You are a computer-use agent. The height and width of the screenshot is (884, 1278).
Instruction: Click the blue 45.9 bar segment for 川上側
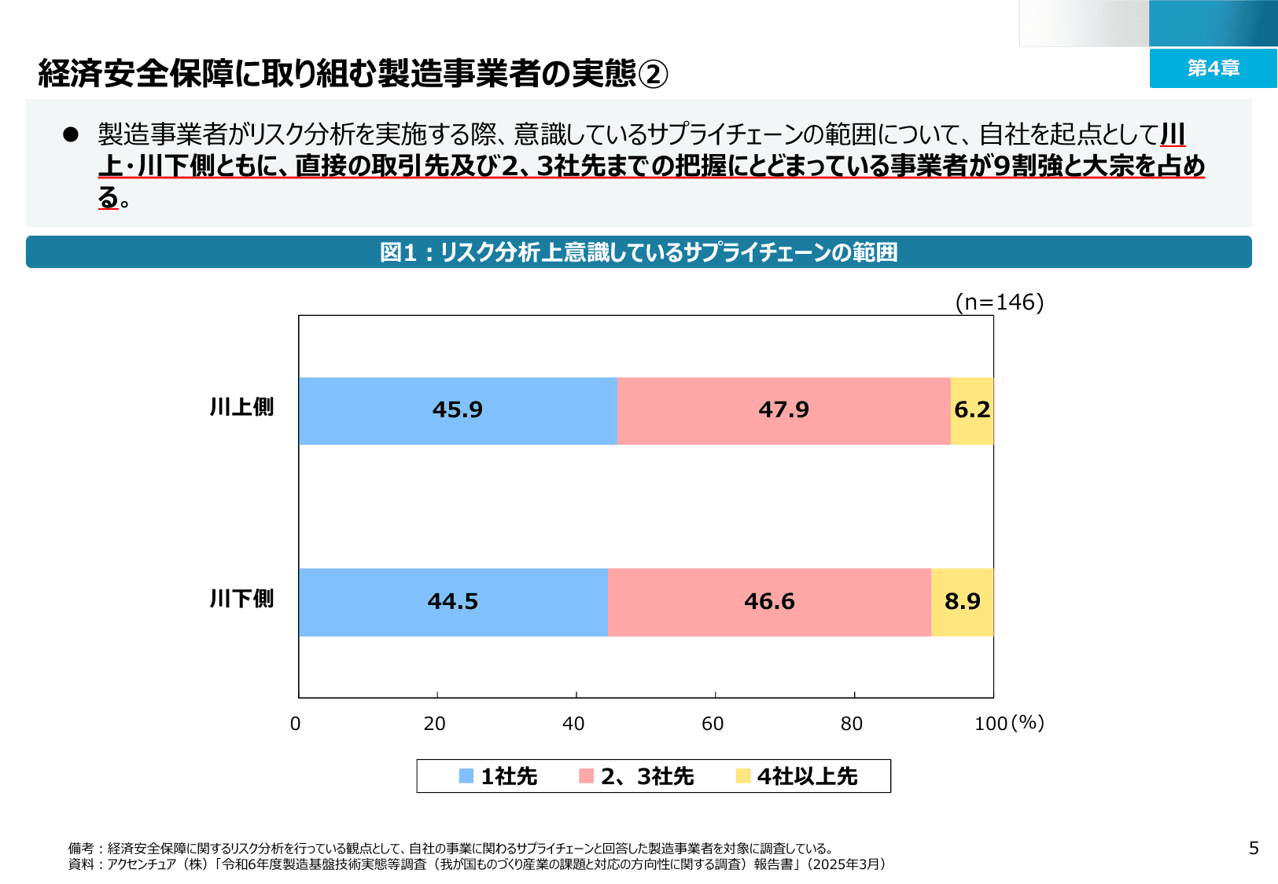pyautogui.click(x=458, y=410)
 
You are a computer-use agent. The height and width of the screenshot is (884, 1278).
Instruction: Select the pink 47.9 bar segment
pyautogui.click(x=783, y=410)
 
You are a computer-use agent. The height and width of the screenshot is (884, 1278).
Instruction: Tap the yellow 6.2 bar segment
pyautogui.click(x=972, y=410)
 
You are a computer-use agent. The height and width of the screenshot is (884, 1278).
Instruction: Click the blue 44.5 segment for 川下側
pyautogui.click(x=453, y=602)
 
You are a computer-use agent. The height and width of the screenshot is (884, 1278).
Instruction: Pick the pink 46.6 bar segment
pyautogui.click(x=769, y=602)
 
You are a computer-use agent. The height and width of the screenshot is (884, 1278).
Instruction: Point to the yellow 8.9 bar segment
pyautogui.click(x=962, y=602)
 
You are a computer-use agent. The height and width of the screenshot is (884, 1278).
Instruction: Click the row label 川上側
pyautogui.click(x=241, y=407)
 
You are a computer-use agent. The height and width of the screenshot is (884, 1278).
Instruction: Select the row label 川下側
pyautogui.click(x=241, y=599)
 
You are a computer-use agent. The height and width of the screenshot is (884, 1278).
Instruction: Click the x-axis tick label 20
pyautogui.click(x=434, y=724)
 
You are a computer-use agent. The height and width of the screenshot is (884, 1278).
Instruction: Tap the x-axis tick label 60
pyautogui.click(x=713, y=724)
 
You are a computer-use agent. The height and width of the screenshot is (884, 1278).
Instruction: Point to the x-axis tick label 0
pyautogui.click(x=296, y=724)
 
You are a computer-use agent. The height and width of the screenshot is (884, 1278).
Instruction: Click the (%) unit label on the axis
pyautogui.click(x=1028, y=722)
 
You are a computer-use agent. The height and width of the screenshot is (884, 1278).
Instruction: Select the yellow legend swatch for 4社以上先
pyautogui.click(x=743, y=776)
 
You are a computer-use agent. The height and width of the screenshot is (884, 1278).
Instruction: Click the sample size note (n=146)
pyautogui.click(x=1000, y=302)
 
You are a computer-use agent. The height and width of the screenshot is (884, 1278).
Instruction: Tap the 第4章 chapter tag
pyautogui.click(x=1213, y=68)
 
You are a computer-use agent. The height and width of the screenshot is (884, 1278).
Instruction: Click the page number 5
pyautogui.click(x=1254, y=848)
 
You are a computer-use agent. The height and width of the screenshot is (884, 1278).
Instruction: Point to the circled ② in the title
pyautogui.click(x=653, y=75)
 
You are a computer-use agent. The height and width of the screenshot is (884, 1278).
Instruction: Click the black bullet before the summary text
pyautogui.click(x=71, y=134)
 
